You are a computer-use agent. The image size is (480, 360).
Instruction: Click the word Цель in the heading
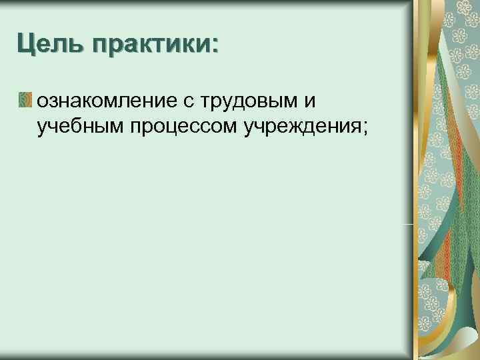(51, 46)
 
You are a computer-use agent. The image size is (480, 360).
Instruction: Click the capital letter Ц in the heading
(26, 46)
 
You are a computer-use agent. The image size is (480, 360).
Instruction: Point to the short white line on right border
(407, 225)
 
